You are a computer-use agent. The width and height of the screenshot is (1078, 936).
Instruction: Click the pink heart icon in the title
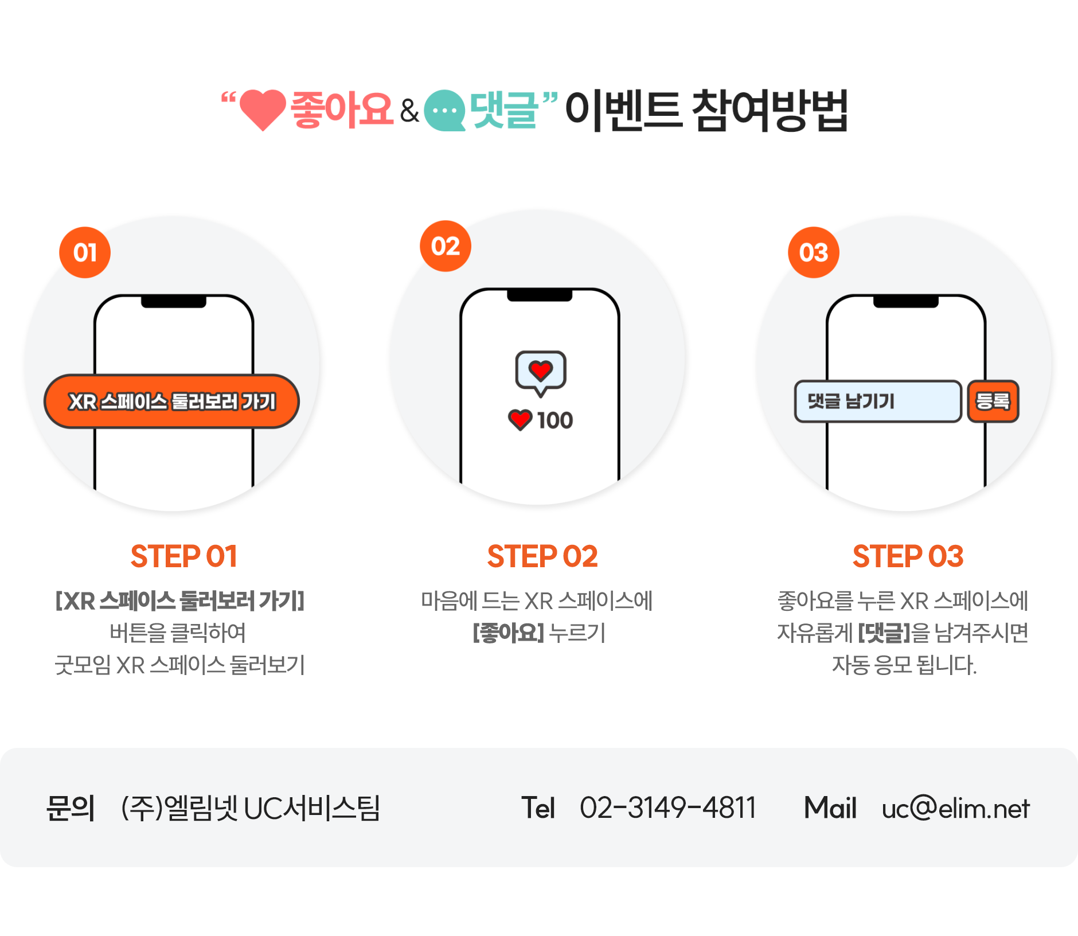(263, 109)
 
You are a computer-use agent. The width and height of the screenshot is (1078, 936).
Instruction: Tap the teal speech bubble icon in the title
(445, 111)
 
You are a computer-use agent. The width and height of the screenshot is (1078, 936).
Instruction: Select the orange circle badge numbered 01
(85, 252)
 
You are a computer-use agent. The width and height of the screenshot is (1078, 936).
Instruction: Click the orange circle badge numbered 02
(446, 246)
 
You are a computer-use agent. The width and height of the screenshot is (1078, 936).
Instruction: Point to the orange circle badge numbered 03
(814, 252)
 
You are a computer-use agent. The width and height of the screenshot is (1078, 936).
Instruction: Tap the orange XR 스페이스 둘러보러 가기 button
(171, 401)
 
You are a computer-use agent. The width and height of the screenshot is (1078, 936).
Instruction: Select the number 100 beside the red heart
(555, 420)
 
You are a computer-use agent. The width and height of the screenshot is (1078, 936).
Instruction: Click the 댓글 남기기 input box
(878, 401)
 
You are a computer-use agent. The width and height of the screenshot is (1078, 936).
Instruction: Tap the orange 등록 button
(993, 401)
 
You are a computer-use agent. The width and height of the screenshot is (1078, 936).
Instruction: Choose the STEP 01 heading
(184, 556)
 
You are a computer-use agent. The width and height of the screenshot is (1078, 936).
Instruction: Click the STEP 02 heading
(542, 556)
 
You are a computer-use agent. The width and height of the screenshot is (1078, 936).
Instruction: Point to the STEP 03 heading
(908, 556)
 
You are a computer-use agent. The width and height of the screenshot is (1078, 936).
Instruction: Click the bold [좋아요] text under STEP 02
(508, 633)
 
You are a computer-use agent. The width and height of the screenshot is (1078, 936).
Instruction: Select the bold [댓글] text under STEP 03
(884, 633)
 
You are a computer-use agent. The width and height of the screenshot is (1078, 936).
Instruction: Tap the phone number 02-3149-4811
(668, 808)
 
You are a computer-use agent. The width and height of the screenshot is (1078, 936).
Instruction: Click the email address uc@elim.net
(956, 808)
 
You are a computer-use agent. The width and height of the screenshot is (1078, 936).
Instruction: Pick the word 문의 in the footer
(71, 808)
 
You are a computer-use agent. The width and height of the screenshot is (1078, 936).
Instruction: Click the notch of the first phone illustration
(174, 302)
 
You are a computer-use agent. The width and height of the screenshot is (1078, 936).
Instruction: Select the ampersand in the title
(409, 111)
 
